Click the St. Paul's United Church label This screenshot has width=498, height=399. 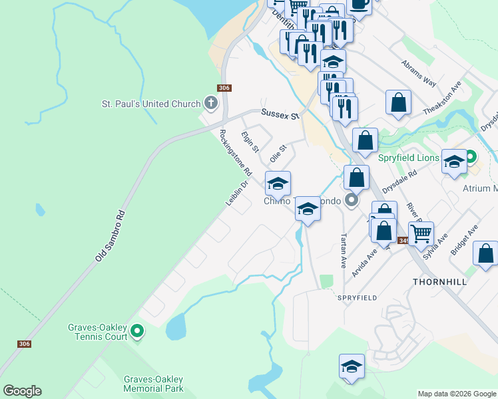(x=150, y=104)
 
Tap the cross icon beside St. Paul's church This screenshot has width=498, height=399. (x=211, y=103)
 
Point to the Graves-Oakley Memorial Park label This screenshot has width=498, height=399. (x=153, y=384)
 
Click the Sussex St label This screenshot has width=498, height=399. (x=280, y=114)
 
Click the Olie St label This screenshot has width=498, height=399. (x=278, y=154)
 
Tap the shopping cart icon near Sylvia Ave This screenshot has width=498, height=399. (x=421, y=233)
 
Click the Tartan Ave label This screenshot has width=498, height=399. (x=344, y=250)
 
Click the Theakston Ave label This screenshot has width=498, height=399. (x=452, y=99)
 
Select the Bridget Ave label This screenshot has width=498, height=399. (x=463, y=239)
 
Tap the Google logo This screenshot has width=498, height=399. (x=22, y=391)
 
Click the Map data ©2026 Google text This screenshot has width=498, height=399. (x=457, y=394)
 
